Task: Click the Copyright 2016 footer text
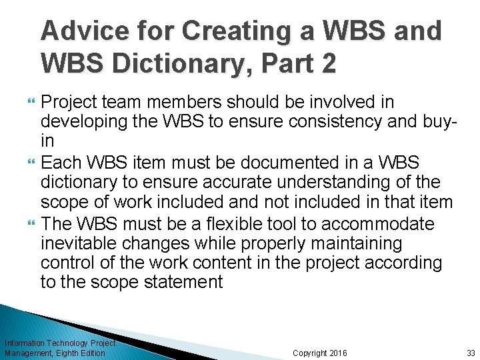click(321, 353)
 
